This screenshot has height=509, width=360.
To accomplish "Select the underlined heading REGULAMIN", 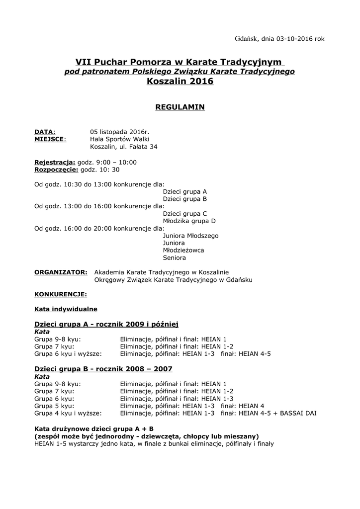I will coord(180,107).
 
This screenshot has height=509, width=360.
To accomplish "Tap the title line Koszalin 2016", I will coord(180,82).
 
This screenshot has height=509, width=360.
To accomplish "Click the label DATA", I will coord(44,132).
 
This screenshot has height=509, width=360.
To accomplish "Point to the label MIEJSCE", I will coord(50,139).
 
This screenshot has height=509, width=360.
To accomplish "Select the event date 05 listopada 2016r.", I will coord(119,132).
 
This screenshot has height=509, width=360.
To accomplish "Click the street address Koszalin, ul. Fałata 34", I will coord(124,147).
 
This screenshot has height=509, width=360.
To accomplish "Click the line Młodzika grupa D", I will coord(189,221).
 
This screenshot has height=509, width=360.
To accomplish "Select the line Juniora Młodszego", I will coord(190,236).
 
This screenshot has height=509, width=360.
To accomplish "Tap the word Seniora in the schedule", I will coord(174,258).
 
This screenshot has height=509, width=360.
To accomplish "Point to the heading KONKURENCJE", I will coord(61,294).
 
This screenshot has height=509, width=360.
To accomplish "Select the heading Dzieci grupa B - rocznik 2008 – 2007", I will coord(103,369).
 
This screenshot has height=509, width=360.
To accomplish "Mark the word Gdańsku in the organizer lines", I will coord(240,280).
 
